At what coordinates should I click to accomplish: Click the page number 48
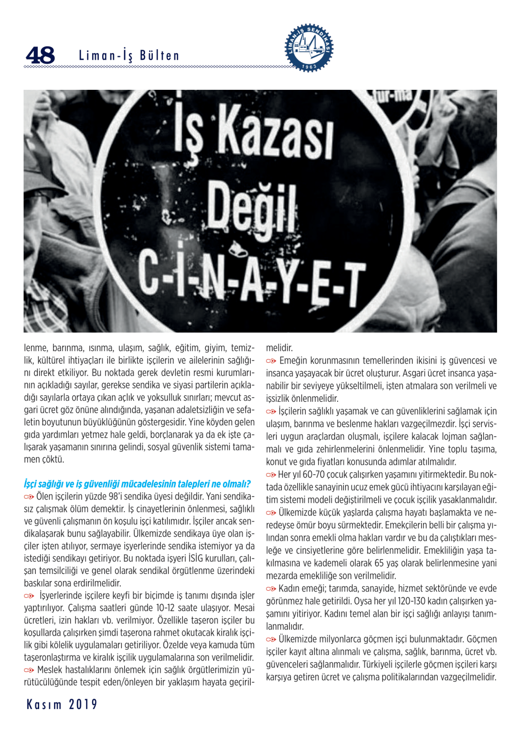pyautogui.click(x=41, y=55)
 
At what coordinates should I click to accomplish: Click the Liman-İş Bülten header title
pyautogui.click(x=129, y=56)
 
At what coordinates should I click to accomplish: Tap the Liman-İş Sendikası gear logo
pyautogui.click(x=309, y=47)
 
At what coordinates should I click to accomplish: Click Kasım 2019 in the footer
pyautogui.click(x=62, y=704)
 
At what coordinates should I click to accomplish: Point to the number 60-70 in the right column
pyautogui.click(x=314, y=475)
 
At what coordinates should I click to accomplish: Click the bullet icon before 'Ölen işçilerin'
pyautogui.click(x=29, y=497)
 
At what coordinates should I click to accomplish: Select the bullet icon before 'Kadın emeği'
pyautogui.click(x=271, y=589)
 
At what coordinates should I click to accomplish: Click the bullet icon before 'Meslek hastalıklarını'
pyautogui.click(x=29, y=670)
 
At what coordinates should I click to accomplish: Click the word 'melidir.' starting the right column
pyautogui.click(x=279, y=348)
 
